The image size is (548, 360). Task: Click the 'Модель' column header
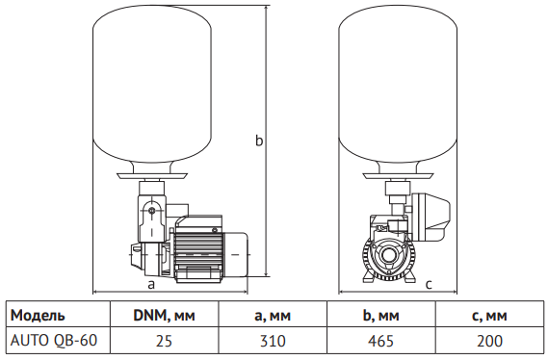tap(38, 316)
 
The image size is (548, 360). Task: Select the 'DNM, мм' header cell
tap(164, 316)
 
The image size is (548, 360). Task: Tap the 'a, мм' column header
tap(273, 316)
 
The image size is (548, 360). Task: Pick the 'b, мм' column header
tap(381, 316)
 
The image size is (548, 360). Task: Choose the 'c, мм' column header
tap(489, 316)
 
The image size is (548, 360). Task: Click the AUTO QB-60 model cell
tap(54, 340)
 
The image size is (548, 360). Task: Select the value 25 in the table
tap(164, 341)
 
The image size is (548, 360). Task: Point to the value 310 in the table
tap(273, 341)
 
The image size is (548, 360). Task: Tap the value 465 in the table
tap(381, 341)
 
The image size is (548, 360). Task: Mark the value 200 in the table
tap(489, 341)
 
